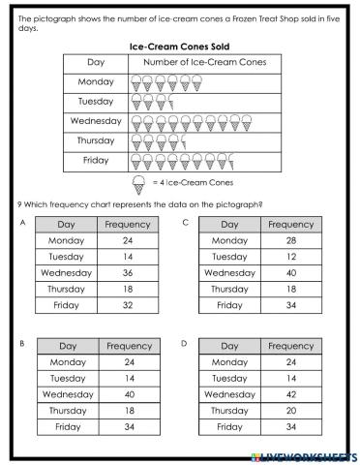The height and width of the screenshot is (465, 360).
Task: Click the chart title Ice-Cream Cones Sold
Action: click(179, 46)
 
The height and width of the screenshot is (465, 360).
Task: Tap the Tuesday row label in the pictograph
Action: click(95, 101)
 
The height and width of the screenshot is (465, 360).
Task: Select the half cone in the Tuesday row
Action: click(170, 102)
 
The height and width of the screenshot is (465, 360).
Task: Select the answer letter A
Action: click(21, 222)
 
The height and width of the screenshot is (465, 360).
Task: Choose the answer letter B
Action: click(21, 343)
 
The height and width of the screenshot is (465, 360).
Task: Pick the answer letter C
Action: click(184, 222)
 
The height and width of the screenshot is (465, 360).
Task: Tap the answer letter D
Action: click(184, 343)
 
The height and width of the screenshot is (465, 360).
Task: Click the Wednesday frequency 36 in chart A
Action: click(127, 272)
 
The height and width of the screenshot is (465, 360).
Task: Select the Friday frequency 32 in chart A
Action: click(127, 305)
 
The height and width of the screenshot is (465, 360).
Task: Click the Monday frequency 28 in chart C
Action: click(290, 240)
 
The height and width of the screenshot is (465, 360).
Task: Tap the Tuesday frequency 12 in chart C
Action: click(290, 257)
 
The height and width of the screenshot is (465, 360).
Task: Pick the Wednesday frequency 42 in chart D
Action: click(290, 394)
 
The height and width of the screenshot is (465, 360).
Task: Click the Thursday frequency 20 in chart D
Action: click(290, 411)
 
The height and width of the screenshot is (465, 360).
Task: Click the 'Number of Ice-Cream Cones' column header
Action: click(204, 63)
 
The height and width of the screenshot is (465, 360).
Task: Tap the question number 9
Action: click(20, 204)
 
